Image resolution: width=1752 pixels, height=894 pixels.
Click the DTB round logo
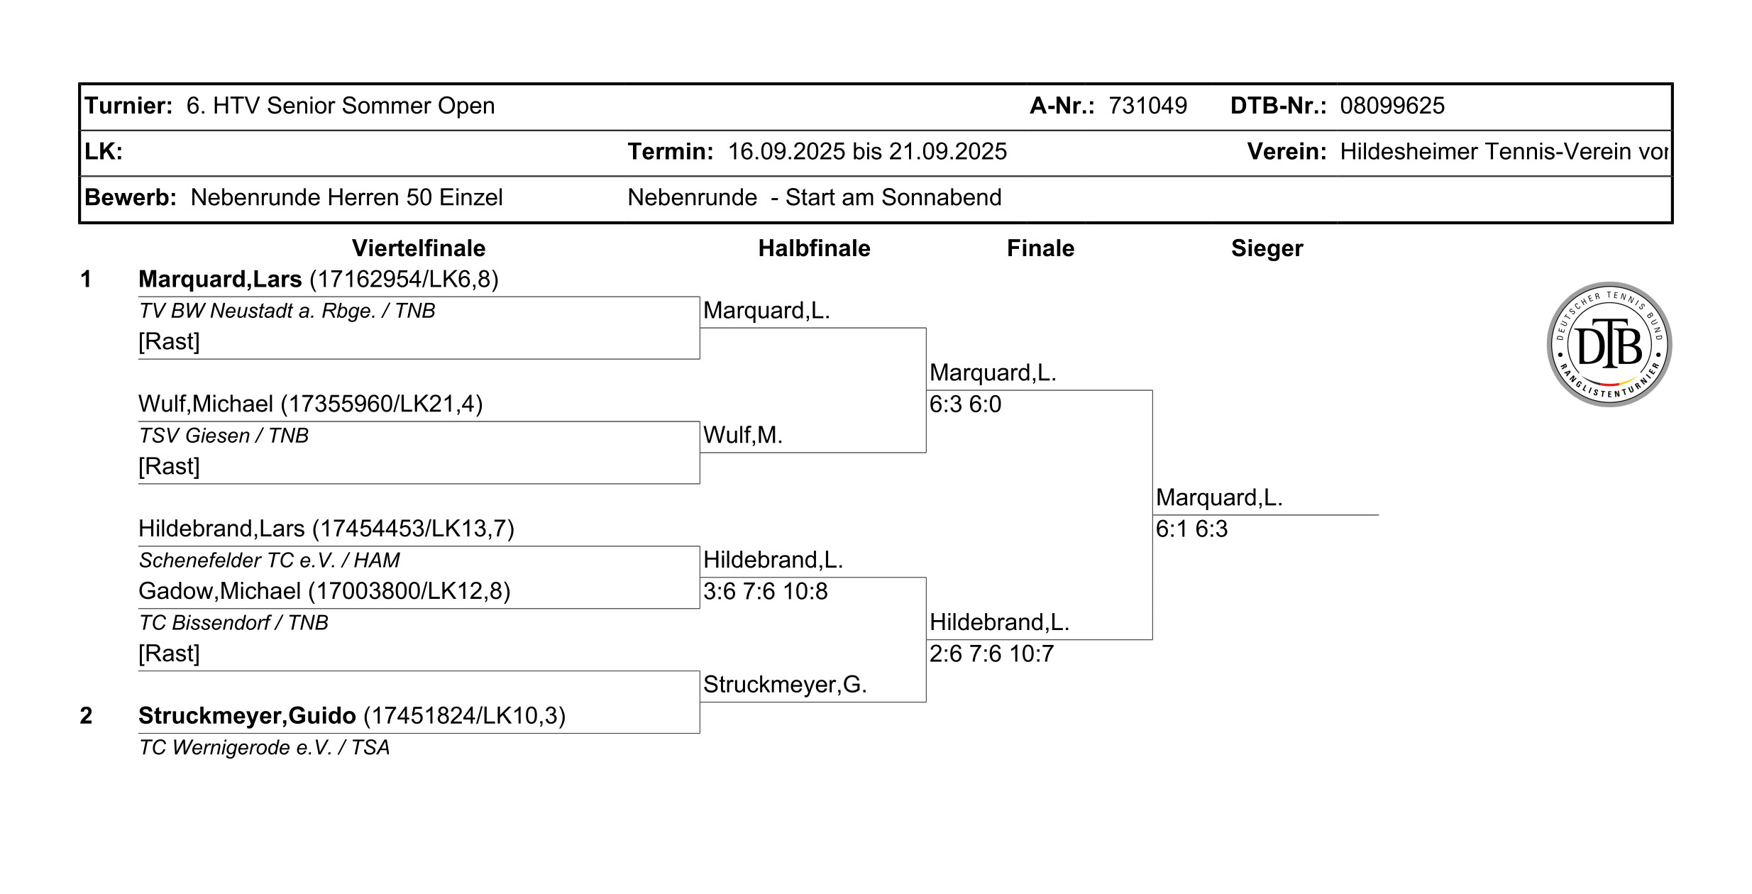[x=1609, y=344]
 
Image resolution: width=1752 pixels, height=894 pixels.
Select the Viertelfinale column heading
[x=419, y=248]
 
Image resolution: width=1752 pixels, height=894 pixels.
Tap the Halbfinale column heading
[x=814, y=248]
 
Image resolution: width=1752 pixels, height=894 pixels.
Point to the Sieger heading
[x=1267, y=248]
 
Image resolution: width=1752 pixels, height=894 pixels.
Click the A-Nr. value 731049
[x=1147, y=106]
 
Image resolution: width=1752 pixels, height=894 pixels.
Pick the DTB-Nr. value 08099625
[x=1392, y=106]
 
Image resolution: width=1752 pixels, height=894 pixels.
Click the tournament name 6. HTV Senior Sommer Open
[x=341, y=106]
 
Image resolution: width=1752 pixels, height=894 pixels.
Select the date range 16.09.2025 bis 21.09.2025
[x=867, y=152]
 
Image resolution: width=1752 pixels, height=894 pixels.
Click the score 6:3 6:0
[x=965, y=404]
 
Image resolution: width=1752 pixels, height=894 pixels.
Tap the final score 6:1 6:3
[x=1191, y=529]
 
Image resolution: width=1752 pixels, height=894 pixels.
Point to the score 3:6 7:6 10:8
[x=765, y=592]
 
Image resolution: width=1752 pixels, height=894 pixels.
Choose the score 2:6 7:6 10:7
[x=991, y=654]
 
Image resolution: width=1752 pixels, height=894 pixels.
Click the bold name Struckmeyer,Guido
[x=247, y=716]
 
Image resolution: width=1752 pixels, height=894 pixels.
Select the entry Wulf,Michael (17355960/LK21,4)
[x=310, y=404]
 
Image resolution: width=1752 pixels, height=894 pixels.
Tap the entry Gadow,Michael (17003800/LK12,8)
[x=324, y=591]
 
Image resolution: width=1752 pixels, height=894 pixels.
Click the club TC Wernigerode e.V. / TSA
[x=264, y=748]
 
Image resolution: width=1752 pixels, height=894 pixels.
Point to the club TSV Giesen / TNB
[x=224, y=436]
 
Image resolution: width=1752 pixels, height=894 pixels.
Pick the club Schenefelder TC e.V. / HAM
[x=269, y=561]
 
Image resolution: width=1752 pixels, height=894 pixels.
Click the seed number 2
[x=86, y=716]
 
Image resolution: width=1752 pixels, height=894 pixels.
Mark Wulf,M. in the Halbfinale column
[x=743, y=435]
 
